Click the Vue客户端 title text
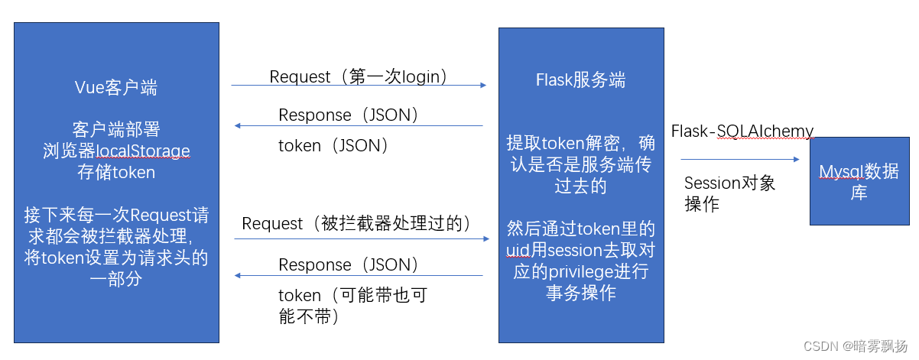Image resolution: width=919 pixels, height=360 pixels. pos(116,88)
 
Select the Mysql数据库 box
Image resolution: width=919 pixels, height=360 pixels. pos(859,180)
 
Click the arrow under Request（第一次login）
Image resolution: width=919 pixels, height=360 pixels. pos(359,86)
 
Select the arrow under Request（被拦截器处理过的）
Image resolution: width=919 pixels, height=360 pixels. pos(361,238)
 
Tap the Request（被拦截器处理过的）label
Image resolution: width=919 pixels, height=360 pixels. pos(356,224)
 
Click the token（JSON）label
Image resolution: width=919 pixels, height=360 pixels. pos(334,145)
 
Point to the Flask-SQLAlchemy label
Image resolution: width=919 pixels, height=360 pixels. pos(742,131)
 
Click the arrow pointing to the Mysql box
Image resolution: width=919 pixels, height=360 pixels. pos(739,160)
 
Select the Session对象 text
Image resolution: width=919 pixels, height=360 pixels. pos(729,183)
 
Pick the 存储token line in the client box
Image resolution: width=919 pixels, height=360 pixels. pos(116,172)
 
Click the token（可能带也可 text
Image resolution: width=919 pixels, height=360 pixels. pos(352,295)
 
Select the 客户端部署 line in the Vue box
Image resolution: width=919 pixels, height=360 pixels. pos(116,128)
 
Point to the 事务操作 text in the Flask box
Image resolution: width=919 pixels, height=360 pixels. pos(580,293)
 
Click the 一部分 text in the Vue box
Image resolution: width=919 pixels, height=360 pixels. pos(116,280)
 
